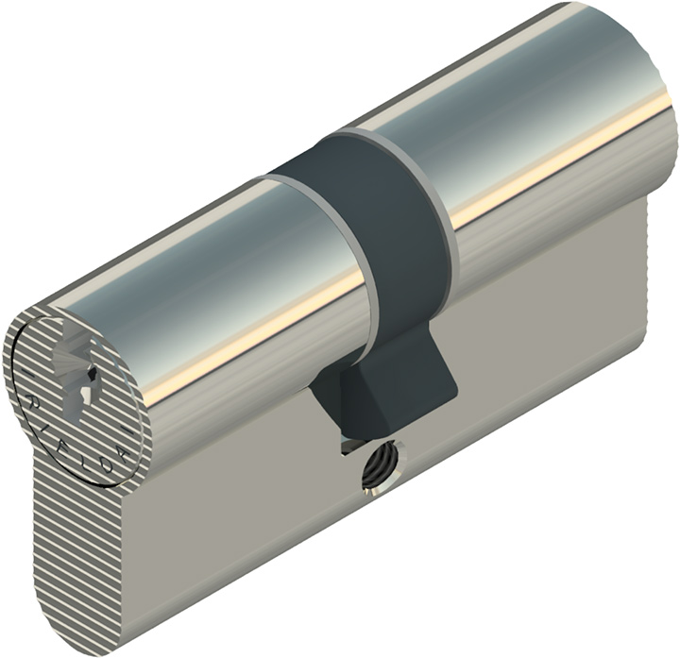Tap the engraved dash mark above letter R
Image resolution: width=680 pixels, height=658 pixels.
coord(25,375)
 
